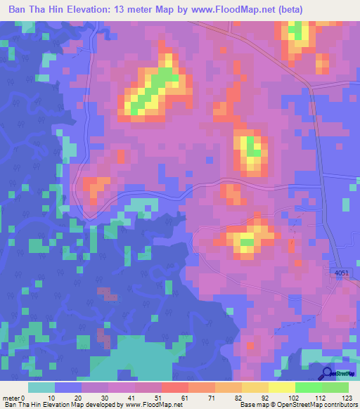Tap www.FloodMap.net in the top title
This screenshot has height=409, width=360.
tap(260, 11)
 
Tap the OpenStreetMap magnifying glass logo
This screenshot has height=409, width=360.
tap(328, 374)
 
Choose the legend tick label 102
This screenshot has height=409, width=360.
tap(281, 397)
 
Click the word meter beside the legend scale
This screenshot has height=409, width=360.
tap(11, 397)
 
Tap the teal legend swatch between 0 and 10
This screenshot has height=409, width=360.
tap(41, 387)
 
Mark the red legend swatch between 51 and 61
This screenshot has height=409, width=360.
tap(175, 387)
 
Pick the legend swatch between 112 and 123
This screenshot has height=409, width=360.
tap(335, 387)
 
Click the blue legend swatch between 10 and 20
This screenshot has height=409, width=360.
tap(68, 387)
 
